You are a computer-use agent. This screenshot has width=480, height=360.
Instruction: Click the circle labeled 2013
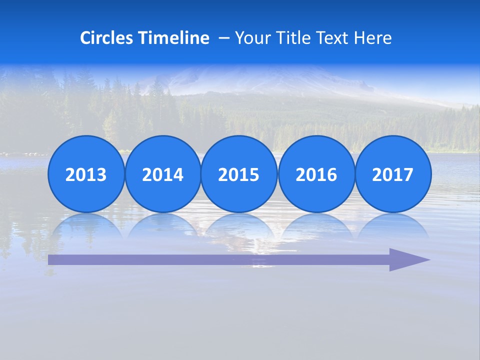pos(86,174)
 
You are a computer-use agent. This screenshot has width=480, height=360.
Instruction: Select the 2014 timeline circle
pos(163,174)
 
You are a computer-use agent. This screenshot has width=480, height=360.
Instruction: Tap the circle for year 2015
pos(239,174)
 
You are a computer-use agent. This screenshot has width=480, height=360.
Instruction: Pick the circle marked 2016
pos(316,174)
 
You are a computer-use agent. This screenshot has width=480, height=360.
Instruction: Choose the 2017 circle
pos(393,174)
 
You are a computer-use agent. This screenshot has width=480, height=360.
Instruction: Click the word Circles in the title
pos(106,38)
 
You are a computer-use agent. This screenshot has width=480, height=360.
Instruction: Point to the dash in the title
pos(223,38)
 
